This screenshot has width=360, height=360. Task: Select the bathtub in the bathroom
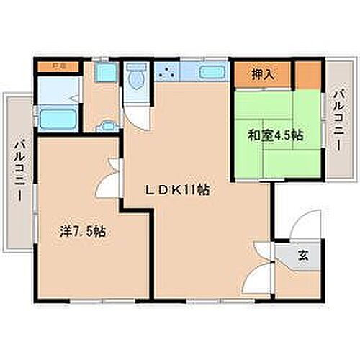(58, 117)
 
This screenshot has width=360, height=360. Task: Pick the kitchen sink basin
(209, 73)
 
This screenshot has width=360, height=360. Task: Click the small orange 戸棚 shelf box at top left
(53, 68)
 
